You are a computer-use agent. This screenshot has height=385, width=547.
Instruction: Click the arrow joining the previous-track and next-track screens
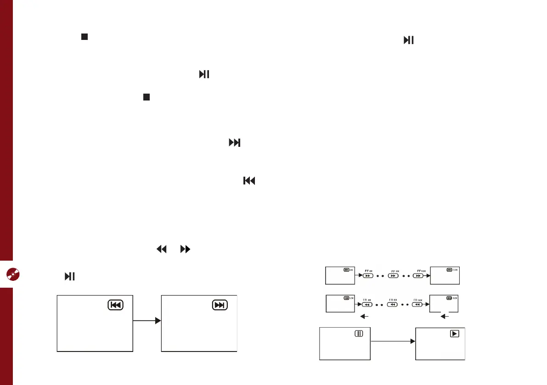(147, 321)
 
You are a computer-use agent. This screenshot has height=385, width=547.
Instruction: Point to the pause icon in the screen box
(359, 334)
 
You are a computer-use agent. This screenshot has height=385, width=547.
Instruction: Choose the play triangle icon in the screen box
(454, 334)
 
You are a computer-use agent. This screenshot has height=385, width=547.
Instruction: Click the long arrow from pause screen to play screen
(393, 341)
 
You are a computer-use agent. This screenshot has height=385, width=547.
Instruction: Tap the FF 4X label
(368, 271)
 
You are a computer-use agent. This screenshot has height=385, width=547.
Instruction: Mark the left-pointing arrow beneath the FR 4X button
(364, 315)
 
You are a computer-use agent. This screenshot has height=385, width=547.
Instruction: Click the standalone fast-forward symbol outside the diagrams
(185, 250)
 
